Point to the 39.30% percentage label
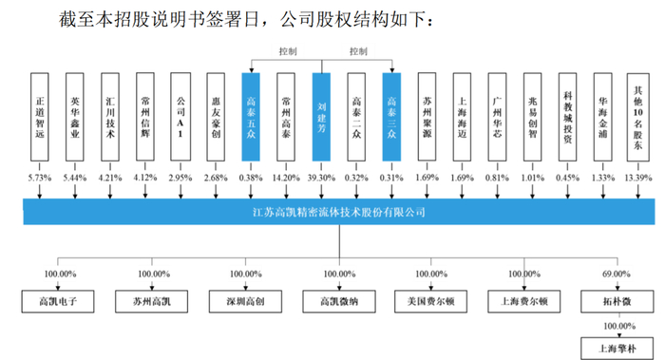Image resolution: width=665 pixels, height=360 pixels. click(322, 178)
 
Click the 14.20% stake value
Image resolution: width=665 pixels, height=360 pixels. click(287, 178)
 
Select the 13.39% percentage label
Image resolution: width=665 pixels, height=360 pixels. click(637, 178)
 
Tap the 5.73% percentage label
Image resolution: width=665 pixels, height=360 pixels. click(39, 178)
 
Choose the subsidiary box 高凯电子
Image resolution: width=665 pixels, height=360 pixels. click(56, 304)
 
